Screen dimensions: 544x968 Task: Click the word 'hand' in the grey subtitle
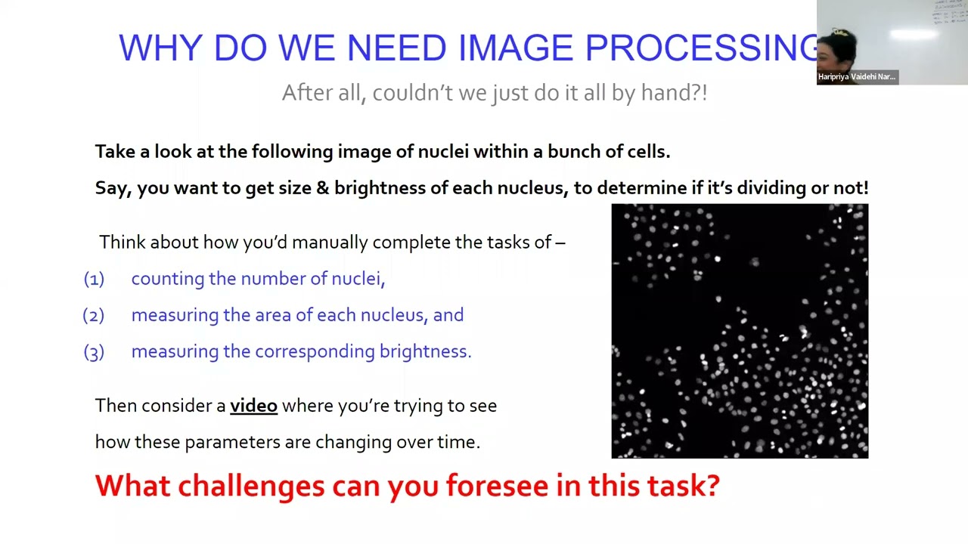click(x=668, y=93)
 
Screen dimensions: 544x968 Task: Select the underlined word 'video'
click(x=253, y=406)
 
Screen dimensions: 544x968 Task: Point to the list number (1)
click(x=94, y=279)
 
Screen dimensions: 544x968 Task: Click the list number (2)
click(x=94, y=315)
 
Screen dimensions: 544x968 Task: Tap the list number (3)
click(x=94, y=351)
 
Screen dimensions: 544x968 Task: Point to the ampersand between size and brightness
click(x=323, y=188)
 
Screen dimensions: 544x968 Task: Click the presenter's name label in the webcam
click(x=857, y=76)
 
